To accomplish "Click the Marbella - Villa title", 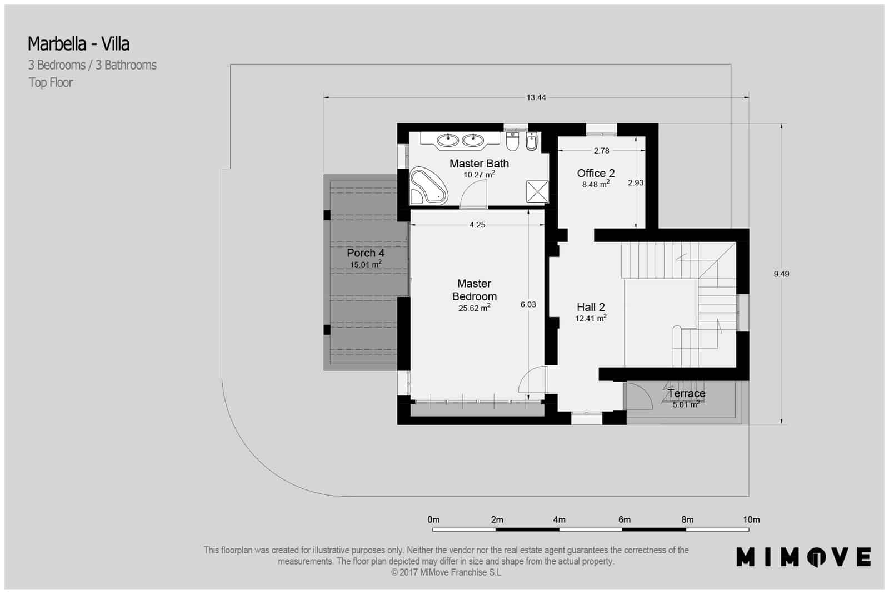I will point(78,43).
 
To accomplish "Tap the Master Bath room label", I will point(479,164).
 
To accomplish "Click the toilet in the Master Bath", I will point(512,141).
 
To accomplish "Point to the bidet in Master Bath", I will point(531,142).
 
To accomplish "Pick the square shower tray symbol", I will point(537,192).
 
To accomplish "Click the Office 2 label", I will point(596,173).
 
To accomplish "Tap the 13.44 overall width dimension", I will point(536,97).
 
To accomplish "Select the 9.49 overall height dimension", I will point(781,274).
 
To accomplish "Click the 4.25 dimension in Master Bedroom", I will point(477,225).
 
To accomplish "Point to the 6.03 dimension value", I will point(528,304).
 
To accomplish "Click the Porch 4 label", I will point(366,253).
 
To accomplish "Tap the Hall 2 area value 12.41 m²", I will point(591,319).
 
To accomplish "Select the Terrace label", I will point(687,393).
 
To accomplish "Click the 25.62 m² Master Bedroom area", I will point(474,308).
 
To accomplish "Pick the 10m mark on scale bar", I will point(751,519).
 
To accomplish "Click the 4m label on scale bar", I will point(559,519).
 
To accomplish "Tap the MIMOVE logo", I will point(803,557).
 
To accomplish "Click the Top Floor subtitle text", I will point(51,83).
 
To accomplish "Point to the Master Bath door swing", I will point(474,195).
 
